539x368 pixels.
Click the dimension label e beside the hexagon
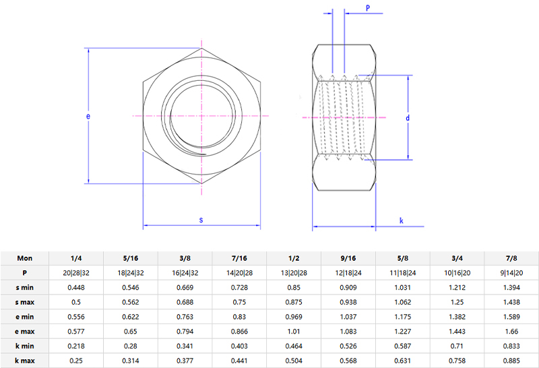88,117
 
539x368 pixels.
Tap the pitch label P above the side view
368,7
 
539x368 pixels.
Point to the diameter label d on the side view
408,118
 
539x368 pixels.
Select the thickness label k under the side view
401,220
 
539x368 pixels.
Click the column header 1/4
76,258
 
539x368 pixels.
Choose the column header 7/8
512,258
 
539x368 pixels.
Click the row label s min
24,288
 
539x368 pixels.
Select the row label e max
24,332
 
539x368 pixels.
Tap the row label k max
24,361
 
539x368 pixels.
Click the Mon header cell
24,258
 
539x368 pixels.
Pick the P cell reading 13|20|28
294,273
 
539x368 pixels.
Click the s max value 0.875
294,303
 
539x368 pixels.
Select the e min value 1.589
512,317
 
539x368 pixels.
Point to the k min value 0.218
76,346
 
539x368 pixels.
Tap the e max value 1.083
348,332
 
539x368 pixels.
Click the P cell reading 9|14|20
512,273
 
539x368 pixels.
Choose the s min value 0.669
185,288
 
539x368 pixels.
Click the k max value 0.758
457,361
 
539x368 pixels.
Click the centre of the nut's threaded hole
201,117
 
